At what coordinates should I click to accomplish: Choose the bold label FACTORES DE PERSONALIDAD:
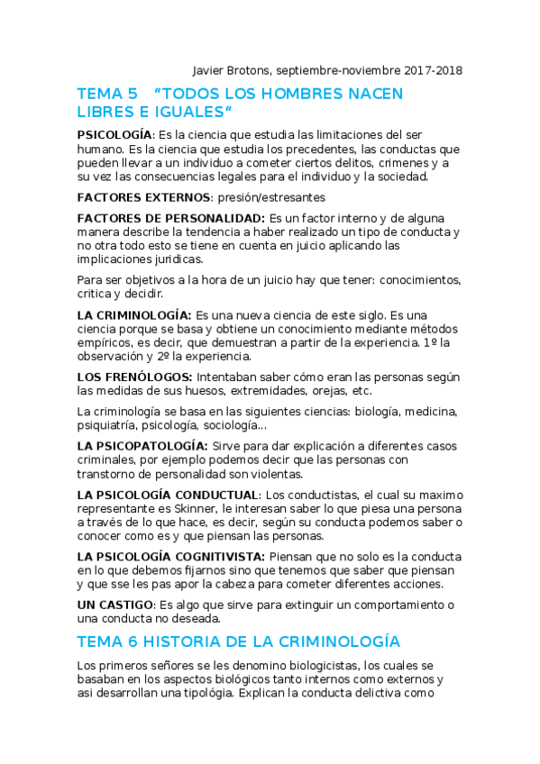coord(171,219)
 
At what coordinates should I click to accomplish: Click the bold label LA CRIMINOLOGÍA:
coord(134,315)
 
